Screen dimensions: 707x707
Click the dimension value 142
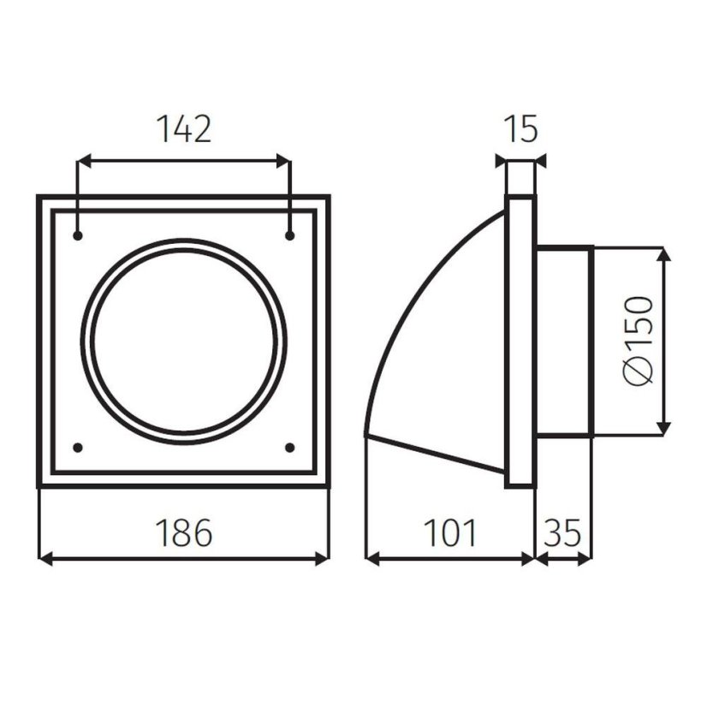coord(183,129)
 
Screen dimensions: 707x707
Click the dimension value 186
coord(183,532)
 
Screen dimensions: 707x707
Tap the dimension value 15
coord(520,129)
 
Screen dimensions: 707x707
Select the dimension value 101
coord(450,532)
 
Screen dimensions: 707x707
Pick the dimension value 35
coord(562,532)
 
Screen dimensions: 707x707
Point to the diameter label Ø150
coord(639,341)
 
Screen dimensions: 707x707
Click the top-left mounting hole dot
coord(78,236)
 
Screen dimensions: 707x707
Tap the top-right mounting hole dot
coord(290,236)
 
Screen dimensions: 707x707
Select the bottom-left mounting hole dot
coord(78,448)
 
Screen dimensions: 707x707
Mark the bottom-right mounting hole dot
coord(290,448)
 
